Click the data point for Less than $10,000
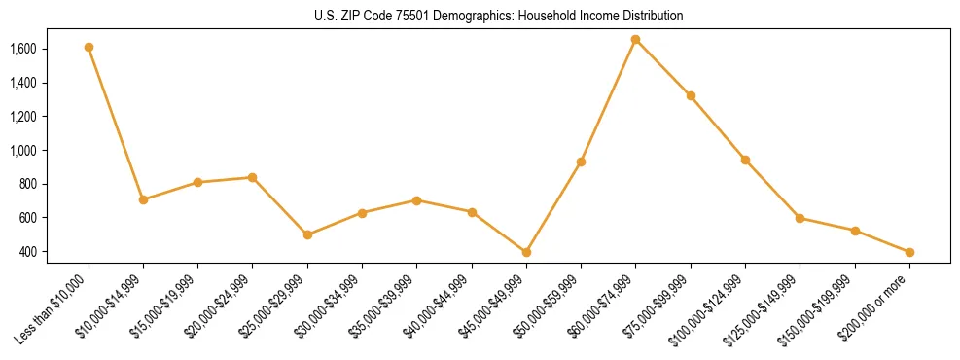pyautogui.click(x=89, y=47)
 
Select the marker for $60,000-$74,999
pyautogui.click(x=635, y=40)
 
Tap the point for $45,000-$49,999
pyautogui.click(x=526, y=252)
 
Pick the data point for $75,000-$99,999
pyautogui.click(x=691, y=95)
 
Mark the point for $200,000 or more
pyautogui.click(x=909, y=252)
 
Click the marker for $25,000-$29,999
pyautogui.click(x=307, y=234)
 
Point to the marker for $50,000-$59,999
pyautogui.click(x=581, y=162)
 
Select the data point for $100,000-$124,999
pyautogui.click(x=745, y=160)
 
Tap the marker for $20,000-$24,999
pyautogui.click(x=252, y=177)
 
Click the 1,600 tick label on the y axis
pyautogui.click(x=23, y=49)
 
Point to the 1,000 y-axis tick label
pyautogui.click(x=23, y=151)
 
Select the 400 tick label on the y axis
pyautogui.click(x=28, y=252)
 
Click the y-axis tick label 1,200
pyautogui.click(x=23, y=117)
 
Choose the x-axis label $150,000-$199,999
pyautogui.click(x=820, y=306)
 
